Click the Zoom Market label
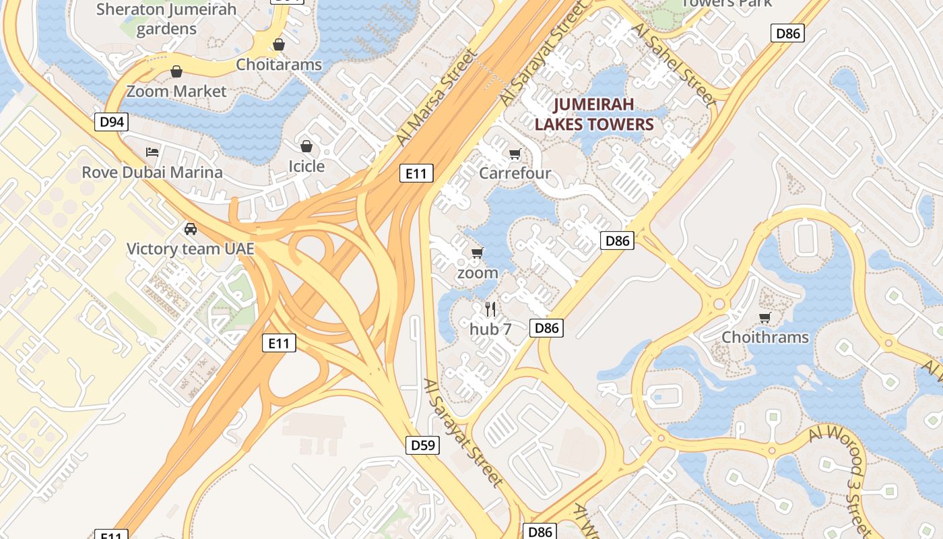pyautogui.click(x=176, y=91)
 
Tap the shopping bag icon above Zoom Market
pyautogui.click(x=176, y=71)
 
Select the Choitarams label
pyautogui.click(x=279, y=65)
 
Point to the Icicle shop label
pyautogui.click(x=306, y=166)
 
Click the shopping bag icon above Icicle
pyautogui.click(x=306, y=146)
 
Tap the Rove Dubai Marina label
pyautogui.click(x=152, y=172)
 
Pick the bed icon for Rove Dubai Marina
pyautogui.click(x=152, y=152)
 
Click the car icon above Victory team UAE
pyautogui.click(x=191, y=229)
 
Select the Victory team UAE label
pyautogui.click(x=191, y=249)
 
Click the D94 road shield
pyautogui.click(x=111, y=122)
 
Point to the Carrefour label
pyautogui.click(x=515, y=173)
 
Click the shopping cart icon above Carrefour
pyautogui.click(x=515, y=154)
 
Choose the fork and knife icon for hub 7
pyautogui.click(x=490, y=309)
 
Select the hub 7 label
pyautogui.click(x=490, y=329)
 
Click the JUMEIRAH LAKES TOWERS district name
pyautogui.click(x=594, y=115)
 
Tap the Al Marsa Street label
pyautogui.click(x=436, y=96)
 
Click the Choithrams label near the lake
pyautogui.click(x=765, y=337)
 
